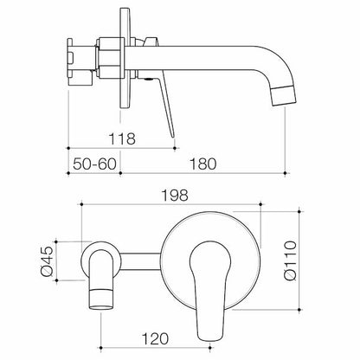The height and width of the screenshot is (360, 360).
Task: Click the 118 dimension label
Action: click(122, 138)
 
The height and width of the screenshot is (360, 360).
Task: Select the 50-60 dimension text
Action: click(94, 164)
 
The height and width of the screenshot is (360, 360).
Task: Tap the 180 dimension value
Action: click(202, 164)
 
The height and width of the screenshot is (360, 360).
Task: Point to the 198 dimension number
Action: click(175, 196)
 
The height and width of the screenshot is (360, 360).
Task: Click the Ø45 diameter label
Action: click(48, 260)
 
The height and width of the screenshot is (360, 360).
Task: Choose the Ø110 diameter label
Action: click(290, 260)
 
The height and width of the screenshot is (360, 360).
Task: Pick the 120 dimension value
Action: click(155, 338)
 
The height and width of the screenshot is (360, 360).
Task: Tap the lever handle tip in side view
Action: click(173, 136)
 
